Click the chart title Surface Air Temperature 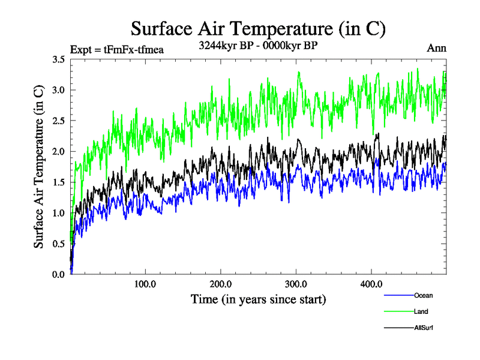(258, 28)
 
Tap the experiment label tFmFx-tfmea (117, 49)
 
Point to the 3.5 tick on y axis (59, 59)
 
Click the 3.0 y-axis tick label (59, 90)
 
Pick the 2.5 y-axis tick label (59, 121)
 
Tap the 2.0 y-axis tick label (59, 151)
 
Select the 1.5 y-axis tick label (59, 182)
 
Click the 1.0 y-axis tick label (59, 212)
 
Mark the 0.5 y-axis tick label (59, 243)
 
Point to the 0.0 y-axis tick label (59, 274)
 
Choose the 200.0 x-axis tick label (221, 284)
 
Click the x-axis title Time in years (258, 298)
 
